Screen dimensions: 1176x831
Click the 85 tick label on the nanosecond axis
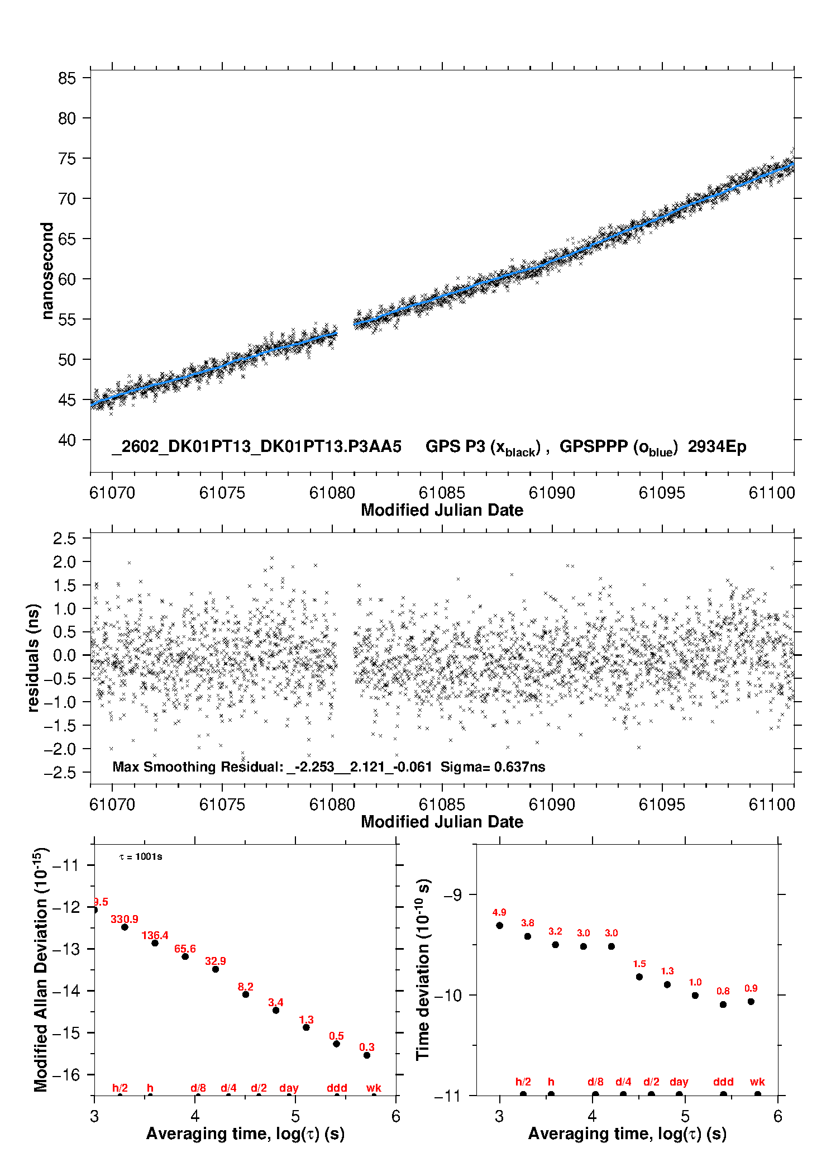(66, 78)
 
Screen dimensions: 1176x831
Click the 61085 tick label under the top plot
(442, 493)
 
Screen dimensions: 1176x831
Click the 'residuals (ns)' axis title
(34, 658)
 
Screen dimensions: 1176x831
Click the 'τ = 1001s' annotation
(141, 856)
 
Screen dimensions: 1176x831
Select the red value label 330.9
(124, 919)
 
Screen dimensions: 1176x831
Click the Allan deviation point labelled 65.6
(185, 956)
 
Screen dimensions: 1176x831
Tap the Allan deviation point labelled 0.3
(367, 1055)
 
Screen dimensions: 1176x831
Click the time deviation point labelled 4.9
(499, 925)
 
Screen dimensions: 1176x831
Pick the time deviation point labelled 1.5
(639, 977)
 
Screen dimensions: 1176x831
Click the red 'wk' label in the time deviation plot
(757, 1082)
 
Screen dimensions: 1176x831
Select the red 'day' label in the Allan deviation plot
(289, 1088)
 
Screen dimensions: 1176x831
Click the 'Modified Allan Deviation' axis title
(41, 969)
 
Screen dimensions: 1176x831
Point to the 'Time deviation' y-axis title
(423, 969)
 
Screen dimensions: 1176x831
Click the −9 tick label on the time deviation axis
(453, 894)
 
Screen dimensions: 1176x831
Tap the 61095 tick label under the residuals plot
(662, 804)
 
